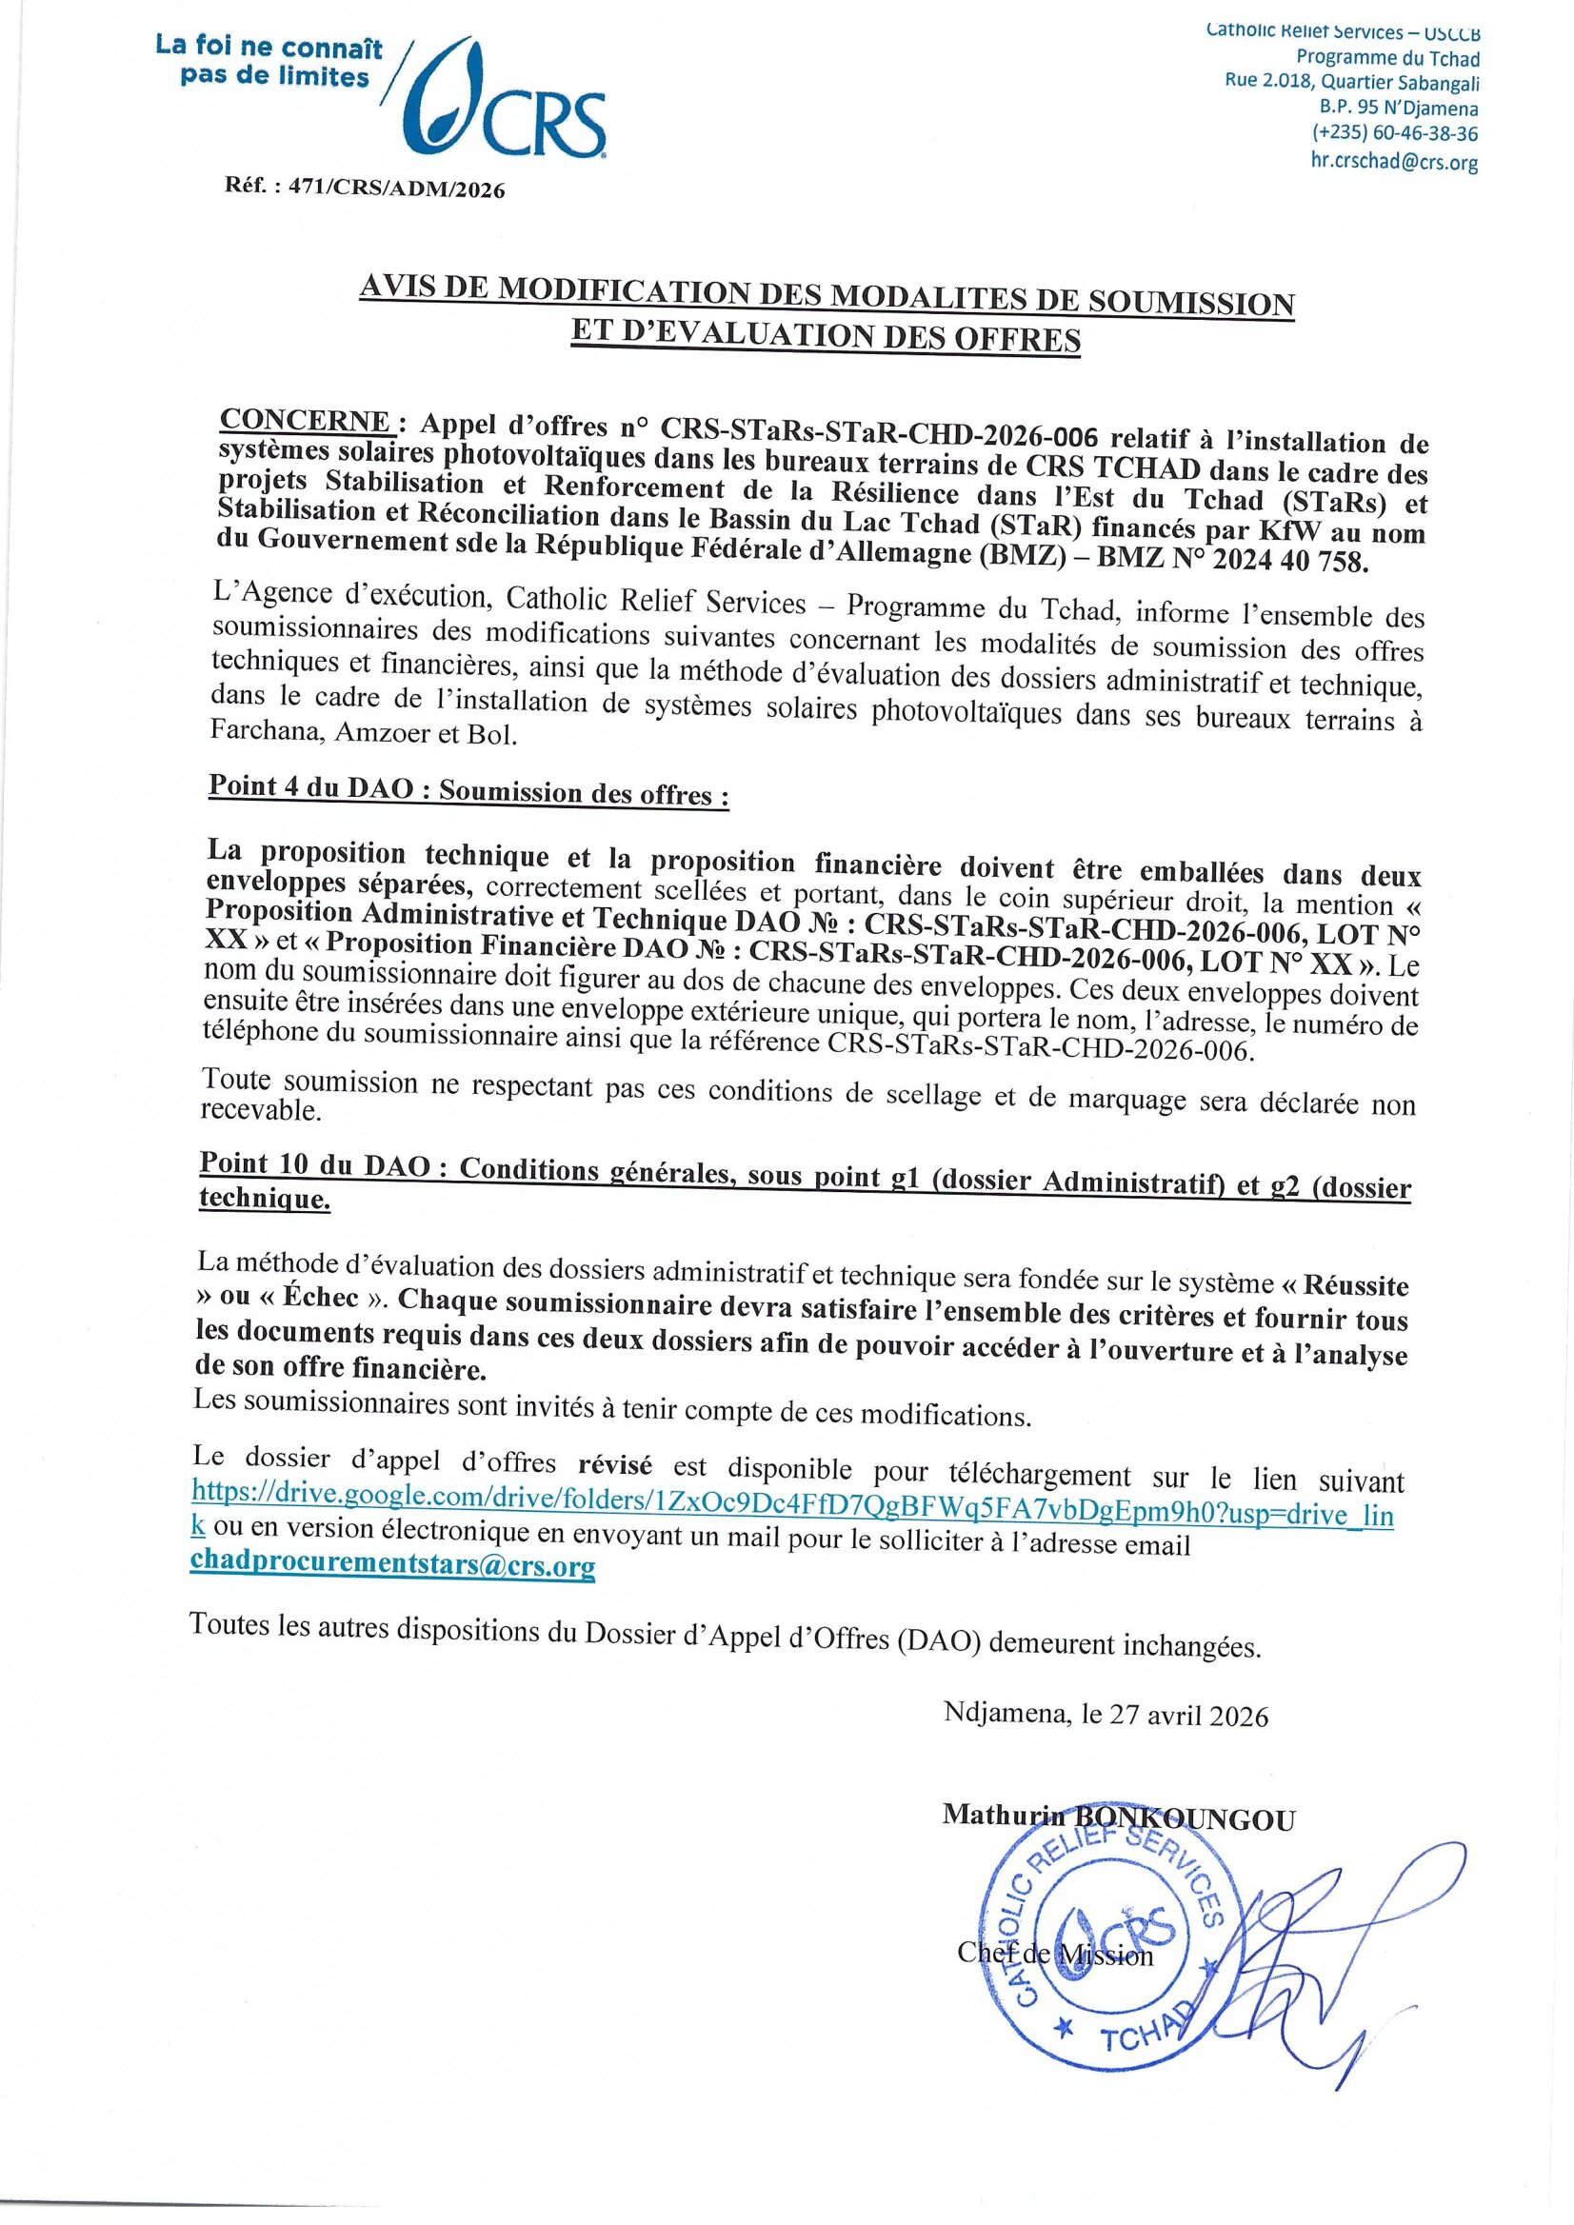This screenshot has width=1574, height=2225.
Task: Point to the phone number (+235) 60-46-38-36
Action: click(1395, 134)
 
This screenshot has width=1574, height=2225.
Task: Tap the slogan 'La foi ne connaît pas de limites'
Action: click(269, 61)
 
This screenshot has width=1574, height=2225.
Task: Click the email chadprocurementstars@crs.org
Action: click(393, 1566)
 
